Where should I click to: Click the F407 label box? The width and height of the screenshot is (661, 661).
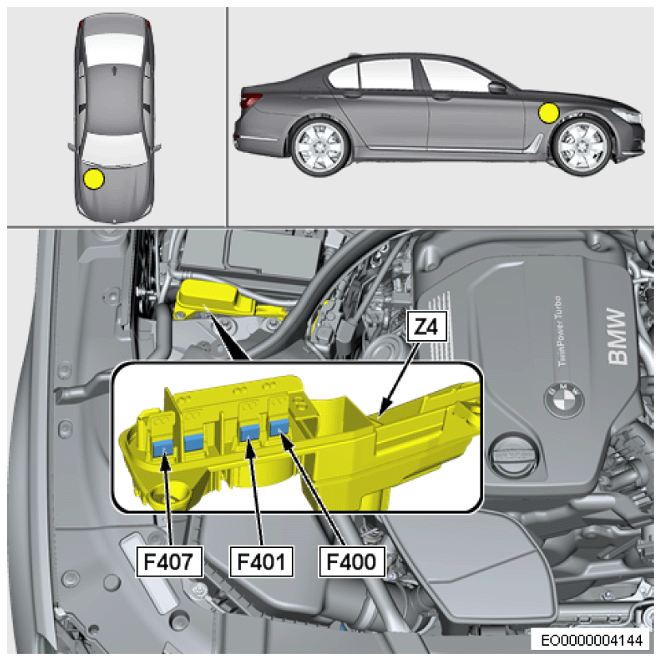pyautogui.click(x=169, y=561)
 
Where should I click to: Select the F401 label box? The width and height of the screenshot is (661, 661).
pyautogui.click(x=262, y=561)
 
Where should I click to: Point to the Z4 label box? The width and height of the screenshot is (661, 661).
pyautogui.click(x=426, y=326)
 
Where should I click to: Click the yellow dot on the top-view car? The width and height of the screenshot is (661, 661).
pyautogui.click(x=94, y=179)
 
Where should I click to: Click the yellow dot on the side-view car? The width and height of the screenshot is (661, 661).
pyautogui.click(x=548, y=113)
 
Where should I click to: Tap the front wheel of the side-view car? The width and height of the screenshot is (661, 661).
pyautogui.click(x=583, y=146)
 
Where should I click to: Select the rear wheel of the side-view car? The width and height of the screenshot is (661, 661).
pyautogui.click(x=321, y=146)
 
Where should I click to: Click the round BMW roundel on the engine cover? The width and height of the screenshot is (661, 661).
pyautogui.click(x=564, y=399)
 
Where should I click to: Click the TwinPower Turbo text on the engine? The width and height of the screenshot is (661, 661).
pyautogui.click(x=559, y=331)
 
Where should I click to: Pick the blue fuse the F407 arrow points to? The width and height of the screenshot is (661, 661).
pyautogui.click(x=163, y=447)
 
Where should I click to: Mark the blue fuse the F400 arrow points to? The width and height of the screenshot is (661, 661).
pyautogui.click(x=279, y=428)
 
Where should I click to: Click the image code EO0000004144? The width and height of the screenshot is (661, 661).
pyautogui.click(x=592, y=639)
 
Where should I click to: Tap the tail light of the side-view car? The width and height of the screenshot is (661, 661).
pyautogui.click(x=251, y=101)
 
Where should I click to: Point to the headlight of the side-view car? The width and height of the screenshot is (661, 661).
pyautogui.click(x=627, y=115)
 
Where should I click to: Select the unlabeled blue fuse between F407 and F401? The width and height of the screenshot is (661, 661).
pyautogui.click(x=194, y=441)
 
